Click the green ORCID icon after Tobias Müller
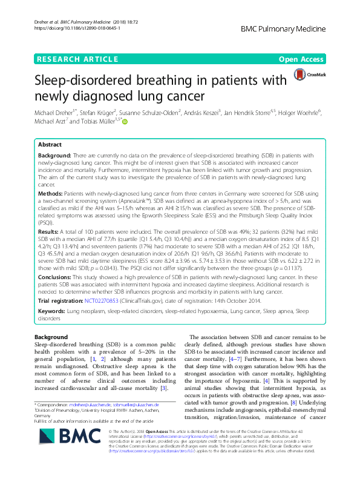click(x=125, y=122)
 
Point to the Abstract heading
click(x=50, y=145)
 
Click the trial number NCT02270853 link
click(x=104, y=301)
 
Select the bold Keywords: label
click(x=52, y=311)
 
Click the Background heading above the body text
click(x=51, y=336)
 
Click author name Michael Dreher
click(x=51, y=113)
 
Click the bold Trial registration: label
click(x=63, y=301)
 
